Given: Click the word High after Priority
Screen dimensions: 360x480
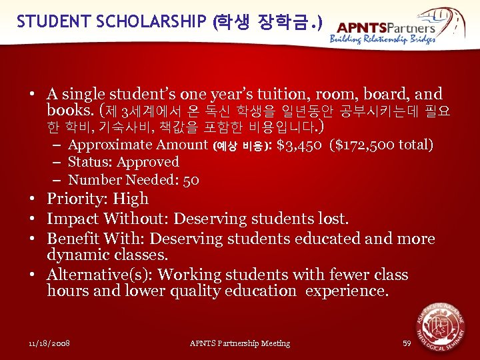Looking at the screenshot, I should point(131,199).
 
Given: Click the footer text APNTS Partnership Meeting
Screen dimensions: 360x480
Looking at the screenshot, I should point(240,343).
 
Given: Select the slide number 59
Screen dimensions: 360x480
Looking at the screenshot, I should point(407,343).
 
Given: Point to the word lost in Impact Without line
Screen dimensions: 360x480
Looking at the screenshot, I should point(334,219).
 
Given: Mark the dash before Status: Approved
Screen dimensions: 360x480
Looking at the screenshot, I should point(58,162).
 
